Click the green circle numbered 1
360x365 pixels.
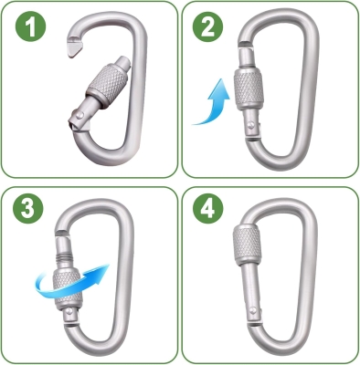click(x=30, y=26)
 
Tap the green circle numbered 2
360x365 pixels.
click(x=207, y=26)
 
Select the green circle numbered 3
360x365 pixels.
click(x=28, y=208)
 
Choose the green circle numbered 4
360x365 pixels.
click(x=208, y=209)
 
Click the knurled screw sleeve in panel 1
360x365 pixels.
click(x=107, y=86)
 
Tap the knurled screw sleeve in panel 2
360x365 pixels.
click(x=249, y=89)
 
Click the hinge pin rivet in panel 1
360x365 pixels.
click(x=79, y=115)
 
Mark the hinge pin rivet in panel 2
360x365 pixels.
click(x=251, y=125)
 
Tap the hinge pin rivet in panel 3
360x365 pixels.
click(x=69, y=310)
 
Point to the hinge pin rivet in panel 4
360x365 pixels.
click(x=252, y=310)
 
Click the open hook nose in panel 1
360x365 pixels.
click(x=74, y=47)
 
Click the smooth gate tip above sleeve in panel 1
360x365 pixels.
click(x=122, y=63)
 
